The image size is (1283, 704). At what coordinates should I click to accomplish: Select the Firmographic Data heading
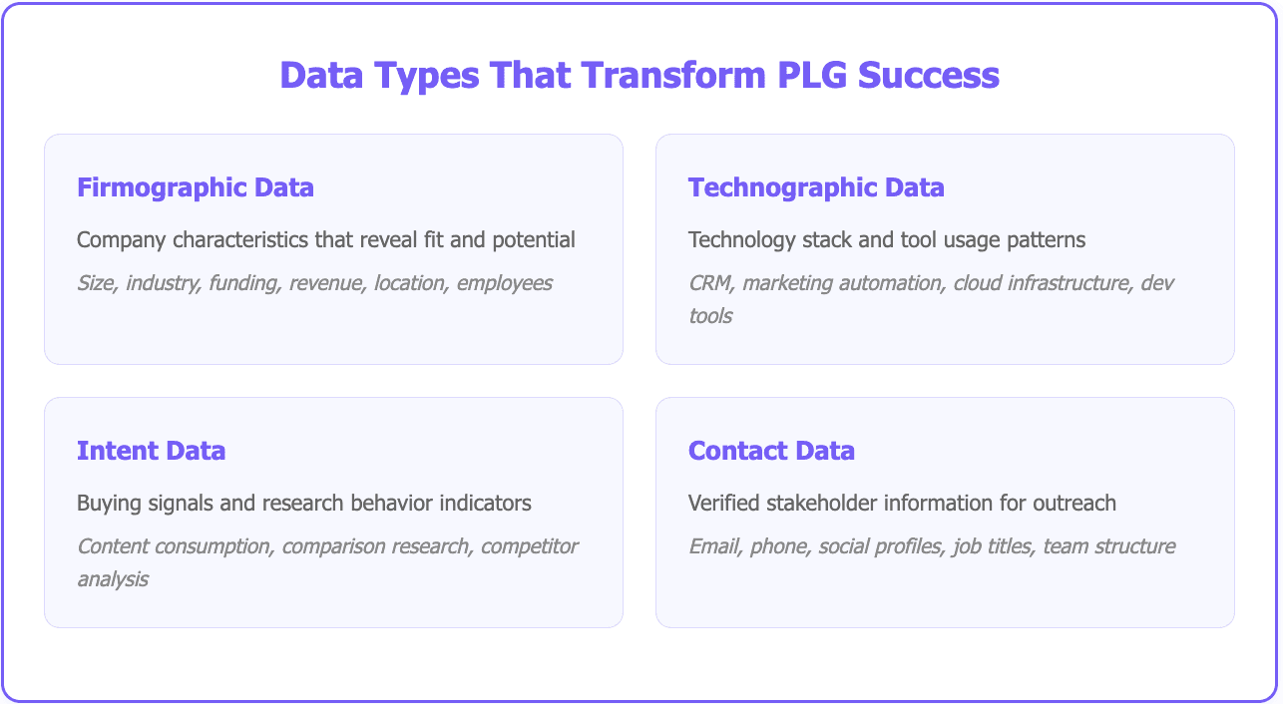(196, 187)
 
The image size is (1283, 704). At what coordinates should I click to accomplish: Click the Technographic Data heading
(816, 187)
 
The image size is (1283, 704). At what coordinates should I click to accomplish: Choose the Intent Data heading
(151, 451)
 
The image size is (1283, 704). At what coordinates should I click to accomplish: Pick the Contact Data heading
(771, 451)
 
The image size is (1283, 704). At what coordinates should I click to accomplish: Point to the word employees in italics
(504, 283)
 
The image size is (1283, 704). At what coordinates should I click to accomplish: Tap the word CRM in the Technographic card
(708, 283)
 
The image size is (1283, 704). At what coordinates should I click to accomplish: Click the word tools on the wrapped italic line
(710, 316)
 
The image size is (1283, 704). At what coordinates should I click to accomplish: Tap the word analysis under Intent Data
(113, 579)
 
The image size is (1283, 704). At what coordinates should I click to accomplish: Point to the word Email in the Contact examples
(711, 546)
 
